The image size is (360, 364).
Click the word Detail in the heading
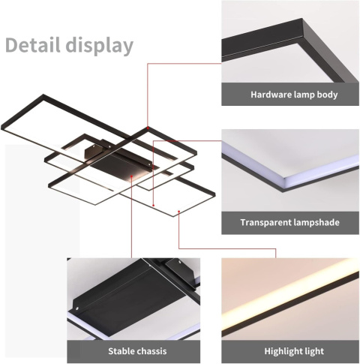(x=34, y=45)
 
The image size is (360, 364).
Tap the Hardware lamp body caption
(x=294, y=95)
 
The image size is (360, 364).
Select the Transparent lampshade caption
(x=289, y=223)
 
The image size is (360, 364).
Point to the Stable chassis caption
(x=137, y=350)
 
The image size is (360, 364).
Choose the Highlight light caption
(x=289, y=350)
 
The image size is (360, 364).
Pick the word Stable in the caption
(x=122, y=350)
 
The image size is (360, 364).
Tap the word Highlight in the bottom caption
(x=277, y=350)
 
